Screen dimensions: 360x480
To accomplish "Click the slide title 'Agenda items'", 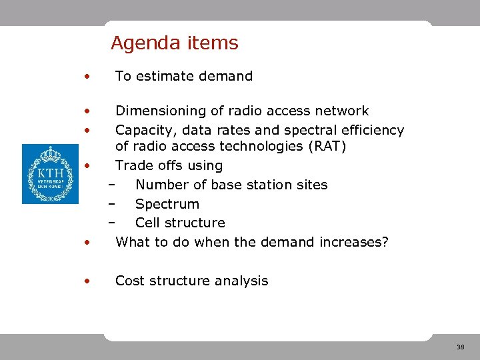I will point(174,43).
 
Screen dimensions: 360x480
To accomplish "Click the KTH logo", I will point(50,174).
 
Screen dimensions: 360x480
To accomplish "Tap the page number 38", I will point(460,347).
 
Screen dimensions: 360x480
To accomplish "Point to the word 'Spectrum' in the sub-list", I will point(167,204).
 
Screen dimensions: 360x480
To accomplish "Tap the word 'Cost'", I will point(131,281).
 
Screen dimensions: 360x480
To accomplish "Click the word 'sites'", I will point(311,185).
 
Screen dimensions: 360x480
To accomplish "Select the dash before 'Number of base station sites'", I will point(111,185).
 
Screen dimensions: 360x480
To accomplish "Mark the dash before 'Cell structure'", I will point(111,223).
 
